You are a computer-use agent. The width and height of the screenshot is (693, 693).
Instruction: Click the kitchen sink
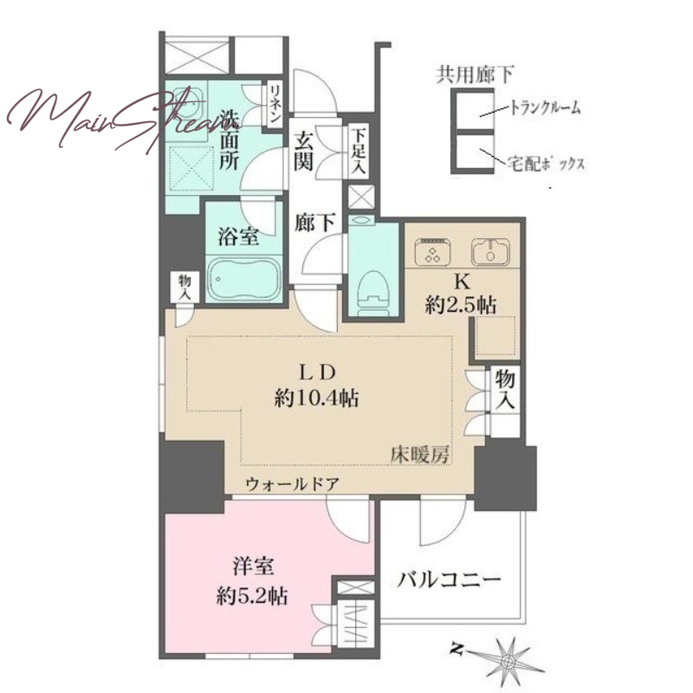(490, 251)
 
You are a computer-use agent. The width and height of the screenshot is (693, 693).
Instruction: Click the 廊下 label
(314, 223)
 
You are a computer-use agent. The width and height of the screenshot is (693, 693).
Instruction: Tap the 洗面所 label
(230, 141)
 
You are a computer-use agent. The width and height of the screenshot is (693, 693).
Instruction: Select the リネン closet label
(275, 104)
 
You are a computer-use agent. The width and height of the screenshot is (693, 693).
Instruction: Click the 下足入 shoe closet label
(359, 150)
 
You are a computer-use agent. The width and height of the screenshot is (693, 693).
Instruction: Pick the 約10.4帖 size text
(316, 398)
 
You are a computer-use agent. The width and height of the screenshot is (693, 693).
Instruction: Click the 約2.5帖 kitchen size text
(461, 305)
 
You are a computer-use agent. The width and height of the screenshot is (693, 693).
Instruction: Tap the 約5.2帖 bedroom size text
(252, 597)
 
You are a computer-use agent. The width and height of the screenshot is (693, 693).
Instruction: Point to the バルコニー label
(449, 580)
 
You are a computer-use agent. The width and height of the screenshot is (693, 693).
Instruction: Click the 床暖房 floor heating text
(420, 455)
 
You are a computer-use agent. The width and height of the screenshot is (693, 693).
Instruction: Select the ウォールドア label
(293, 485)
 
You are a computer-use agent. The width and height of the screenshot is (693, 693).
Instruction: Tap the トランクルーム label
(546, 107)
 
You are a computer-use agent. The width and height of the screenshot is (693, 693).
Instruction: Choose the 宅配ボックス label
(546, 164)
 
